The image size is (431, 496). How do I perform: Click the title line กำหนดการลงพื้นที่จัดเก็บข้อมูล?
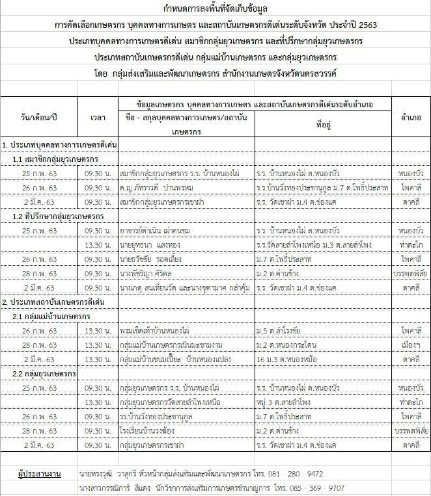click(215, 9)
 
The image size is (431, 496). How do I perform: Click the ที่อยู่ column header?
click(324, 125)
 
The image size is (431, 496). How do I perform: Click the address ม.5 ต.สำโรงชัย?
click(280, 331)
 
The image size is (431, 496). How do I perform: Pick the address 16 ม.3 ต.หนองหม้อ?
click(283, 359)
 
